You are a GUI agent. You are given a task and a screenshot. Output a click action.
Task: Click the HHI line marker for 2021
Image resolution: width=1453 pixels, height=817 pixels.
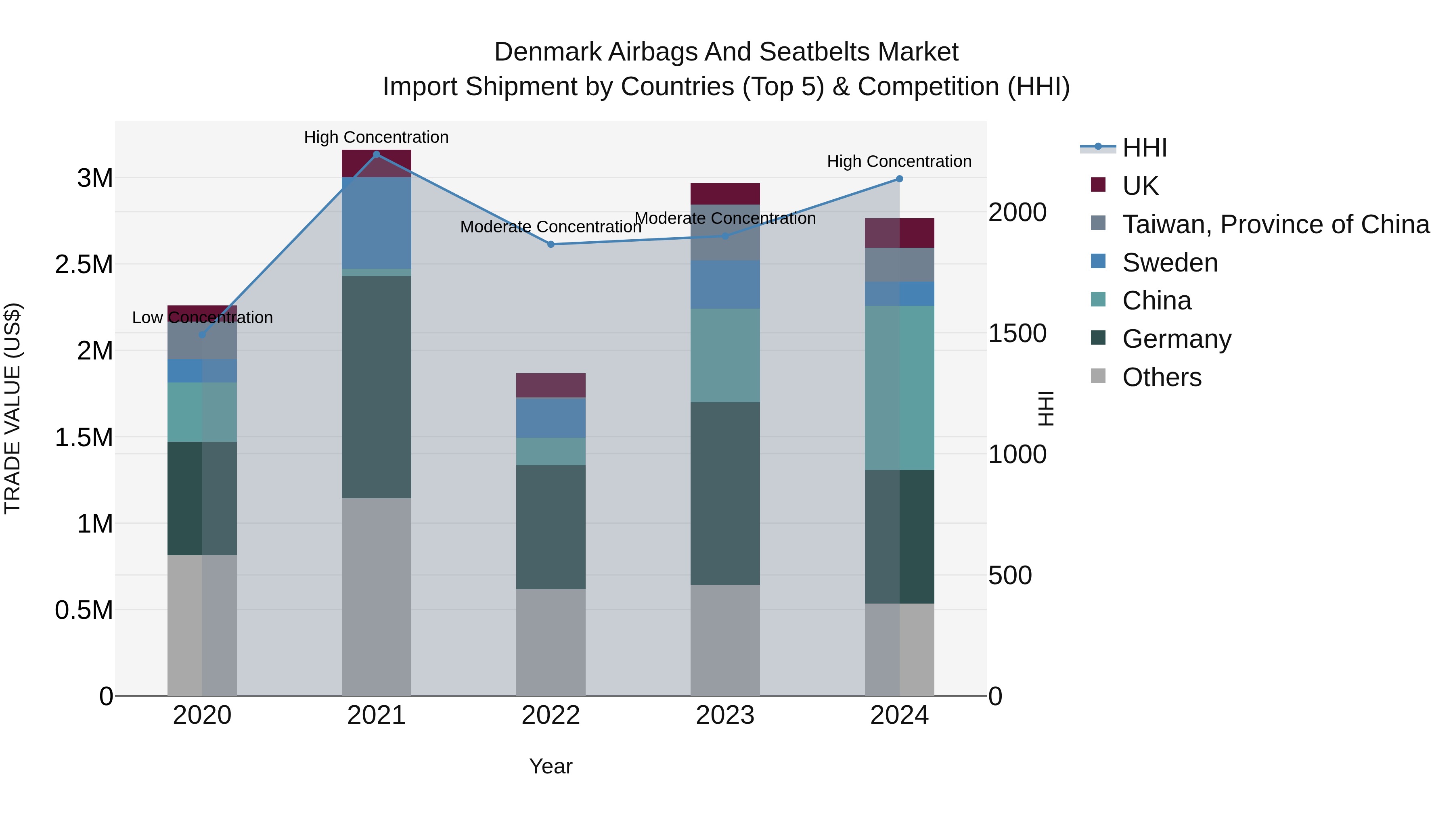[x=376, y=154]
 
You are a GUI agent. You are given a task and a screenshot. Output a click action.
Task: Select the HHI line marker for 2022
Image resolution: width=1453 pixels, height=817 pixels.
[x=551, y=244]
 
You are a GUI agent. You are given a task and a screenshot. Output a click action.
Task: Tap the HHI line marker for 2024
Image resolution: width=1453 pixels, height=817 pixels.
[x=900, y=179]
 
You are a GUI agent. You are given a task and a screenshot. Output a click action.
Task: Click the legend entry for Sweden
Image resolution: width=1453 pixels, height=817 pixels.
[x=1169, y=263]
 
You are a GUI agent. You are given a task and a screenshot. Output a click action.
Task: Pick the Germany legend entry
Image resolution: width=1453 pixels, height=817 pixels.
[x=1176, y=339]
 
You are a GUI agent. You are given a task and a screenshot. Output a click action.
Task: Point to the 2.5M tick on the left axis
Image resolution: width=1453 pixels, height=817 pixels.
[x=84, y=264]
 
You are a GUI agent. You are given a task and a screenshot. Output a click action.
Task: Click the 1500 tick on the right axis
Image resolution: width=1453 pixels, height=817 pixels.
[x=1017, y=333]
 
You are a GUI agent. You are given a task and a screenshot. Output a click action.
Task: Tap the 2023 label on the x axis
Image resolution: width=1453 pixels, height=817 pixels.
[x=725, y=715]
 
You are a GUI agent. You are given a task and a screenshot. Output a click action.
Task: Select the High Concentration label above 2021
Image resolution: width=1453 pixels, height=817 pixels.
[x=376, y=137]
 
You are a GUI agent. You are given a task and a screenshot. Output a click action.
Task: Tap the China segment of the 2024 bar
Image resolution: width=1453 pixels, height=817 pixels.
[x=900, y=387]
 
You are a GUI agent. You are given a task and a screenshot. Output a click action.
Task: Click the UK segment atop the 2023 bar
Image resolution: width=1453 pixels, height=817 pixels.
[x=725, y=193]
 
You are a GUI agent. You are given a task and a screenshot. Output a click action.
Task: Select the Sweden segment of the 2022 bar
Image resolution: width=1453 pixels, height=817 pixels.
[x=551, y=418]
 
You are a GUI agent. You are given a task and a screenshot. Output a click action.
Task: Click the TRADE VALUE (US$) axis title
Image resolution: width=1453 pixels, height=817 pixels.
[x=13, y=408]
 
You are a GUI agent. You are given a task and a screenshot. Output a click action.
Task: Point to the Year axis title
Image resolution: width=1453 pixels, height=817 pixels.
[x=551, y=766]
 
